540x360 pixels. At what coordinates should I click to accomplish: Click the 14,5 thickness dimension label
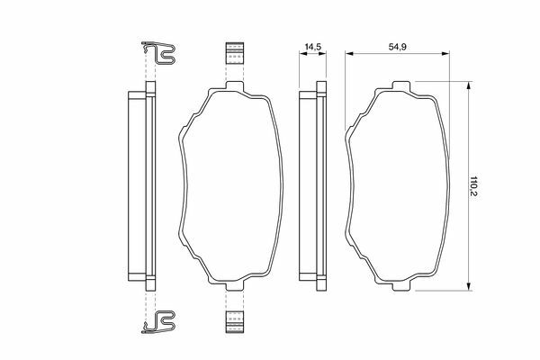tap(313, 47)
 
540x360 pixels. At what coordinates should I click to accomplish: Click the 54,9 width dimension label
tap(398, 47)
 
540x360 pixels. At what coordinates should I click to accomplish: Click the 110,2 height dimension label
tap(474, 186)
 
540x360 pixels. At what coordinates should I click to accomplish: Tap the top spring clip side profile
tap(158, 53)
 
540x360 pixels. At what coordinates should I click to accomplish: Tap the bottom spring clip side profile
tap(158, 322)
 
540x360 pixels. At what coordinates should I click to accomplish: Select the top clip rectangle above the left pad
tap(235, 53)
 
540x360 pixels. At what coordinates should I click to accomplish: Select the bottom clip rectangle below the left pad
tap(235, 322)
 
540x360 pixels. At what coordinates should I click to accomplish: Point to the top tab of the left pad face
tap(235, 85)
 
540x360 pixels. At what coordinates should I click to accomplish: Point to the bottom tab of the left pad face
tap(235, 285)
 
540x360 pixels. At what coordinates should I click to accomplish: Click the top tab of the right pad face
tap(401, 85)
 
